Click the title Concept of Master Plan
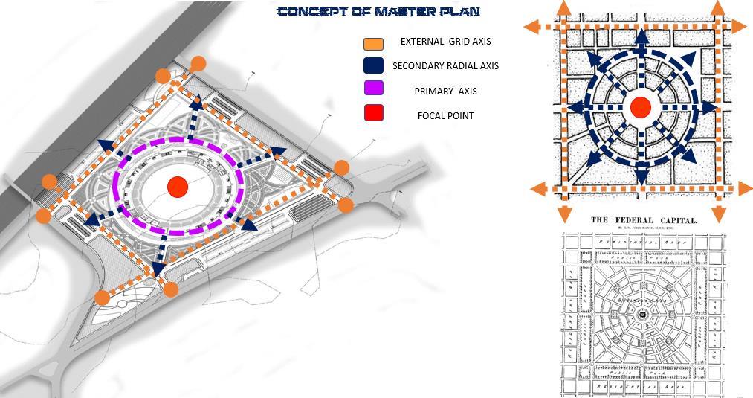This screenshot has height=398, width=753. tap(378, 12)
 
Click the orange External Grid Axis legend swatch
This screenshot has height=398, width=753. tap(374, 42)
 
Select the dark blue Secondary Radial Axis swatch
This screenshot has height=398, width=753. tap(374, 65)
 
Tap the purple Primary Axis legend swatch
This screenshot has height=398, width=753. tap(374, 89)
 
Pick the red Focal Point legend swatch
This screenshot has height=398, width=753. tap(374, 114)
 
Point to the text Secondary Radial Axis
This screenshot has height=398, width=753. tap(445, 65)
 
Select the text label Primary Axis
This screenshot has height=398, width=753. tap(445, 91)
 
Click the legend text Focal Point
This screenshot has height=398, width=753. tap(445, 115)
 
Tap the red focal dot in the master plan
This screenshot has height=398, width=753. tap(177, 187)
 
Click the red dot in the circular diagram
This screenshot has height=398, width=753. tap(640, 107)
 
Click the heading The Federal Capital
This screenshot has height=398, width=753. tap(644, 220)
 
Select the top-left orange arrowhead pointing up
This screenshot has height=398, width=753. tap(563, 7)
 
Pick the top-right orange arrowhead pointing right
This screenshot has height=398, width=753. tap(740, 26)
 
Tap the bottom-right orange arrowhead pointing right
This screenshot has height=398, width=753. tap(744, 189)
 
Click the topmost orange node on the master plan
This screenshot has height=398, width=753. tap(198, 64)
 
